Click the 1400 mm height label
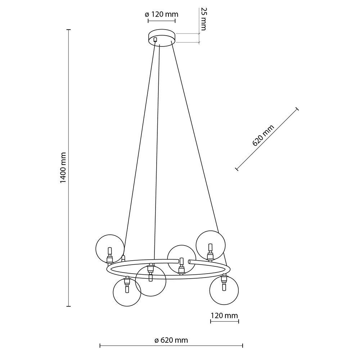pyautogui.click(x=63, y=168)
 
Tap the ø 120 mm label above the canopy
pyautogui.click(x=162, y=14)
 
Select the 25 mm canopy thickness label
pyautogui.click(x=203, y=19)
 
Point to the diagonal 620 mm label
pyautogui.click(x=263, y=135)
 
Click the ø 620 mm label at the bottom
pyautogui.click(x=171, y=340)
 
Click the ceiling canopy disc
pyautogui.click(x=162, y=38)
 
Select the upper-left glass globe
pyautogui.click(x=110, y=249)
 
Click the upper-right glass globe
pyautogui.click(x=211, y=245)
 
